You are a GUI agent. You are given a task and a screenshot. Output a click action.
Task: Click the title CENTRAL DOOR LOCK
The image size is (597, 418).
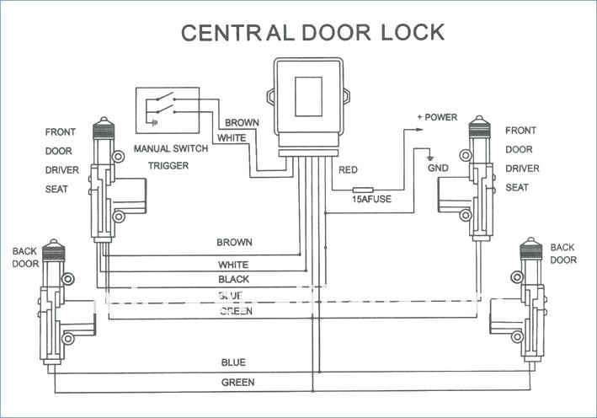[312, 33]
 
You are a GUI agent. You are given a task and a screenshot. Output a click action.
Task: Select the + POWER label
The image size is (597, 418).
[437, 117]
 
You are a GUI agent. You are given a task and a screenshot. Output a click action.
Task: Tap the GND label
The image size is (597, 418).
[438, 168]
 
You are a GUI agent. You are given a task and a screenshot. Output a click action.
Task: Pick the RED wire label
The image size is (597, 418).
[348, 170]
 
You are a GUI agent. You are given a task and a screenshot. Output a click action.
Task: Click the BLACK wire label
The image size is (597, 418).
[233, 279]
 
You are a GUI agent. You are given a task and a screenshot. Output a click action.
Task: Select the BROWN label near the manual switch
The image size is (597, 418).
[242, 122]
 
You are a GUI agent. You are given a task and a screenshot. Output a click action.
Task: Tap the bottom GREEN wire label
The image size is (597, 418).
[237, 382]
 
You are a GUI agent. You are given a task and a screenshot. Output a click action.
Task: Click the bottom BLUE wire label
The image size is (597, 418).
[233, 362]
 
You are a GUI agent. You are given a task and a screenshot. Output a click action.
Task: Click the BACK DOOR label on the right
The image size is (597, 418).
[563, 254]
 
